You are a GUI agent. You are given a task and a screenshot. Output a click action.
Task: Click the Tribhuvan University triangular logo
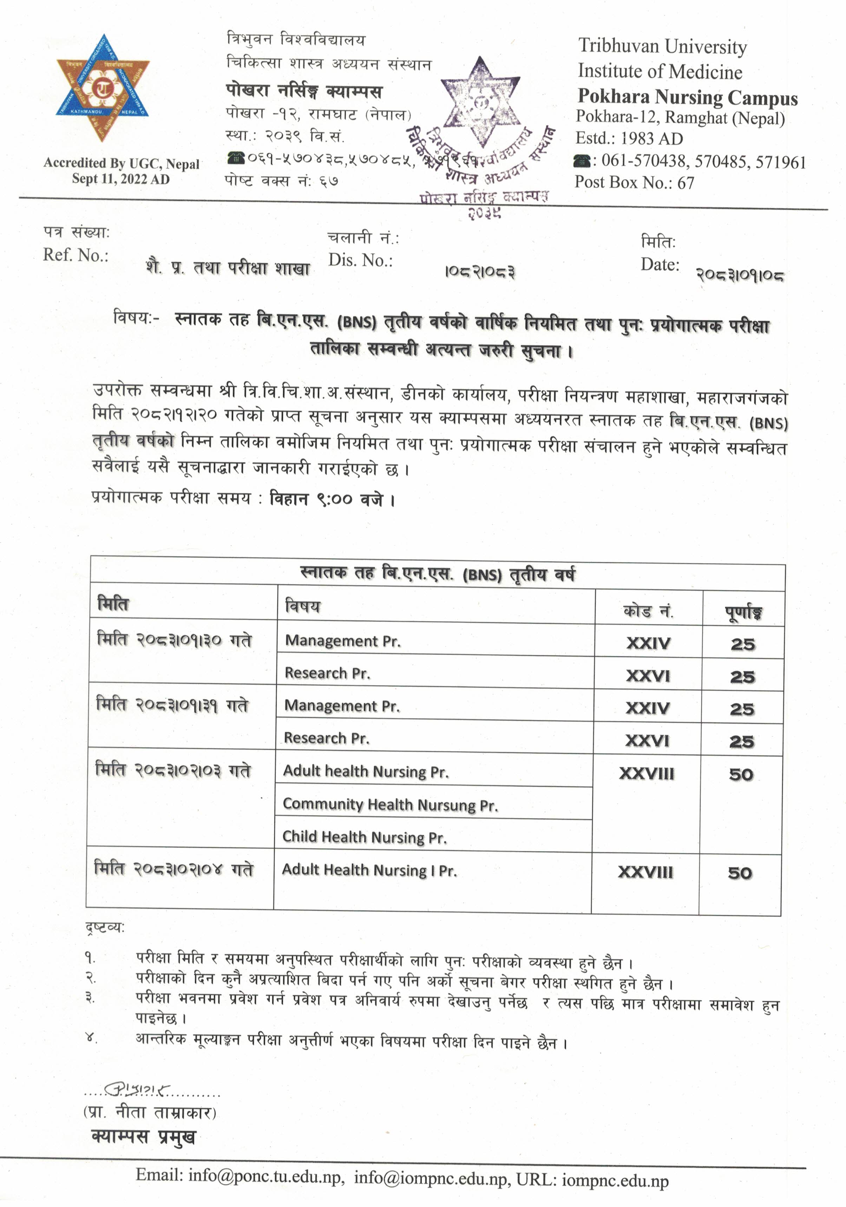[103, 88]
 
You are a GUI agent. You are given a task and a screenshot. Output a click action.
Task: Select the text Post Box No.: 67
[634, 182]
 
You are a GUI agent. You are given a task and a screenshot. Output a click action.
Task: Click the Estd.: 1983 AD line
[629, 138]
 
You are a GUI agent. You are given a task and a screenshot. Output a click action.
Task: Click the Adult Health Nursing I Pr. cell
[369, 871]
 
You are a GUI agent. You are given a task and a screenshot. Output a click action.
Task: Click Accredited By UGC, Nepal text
[122, 164]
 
